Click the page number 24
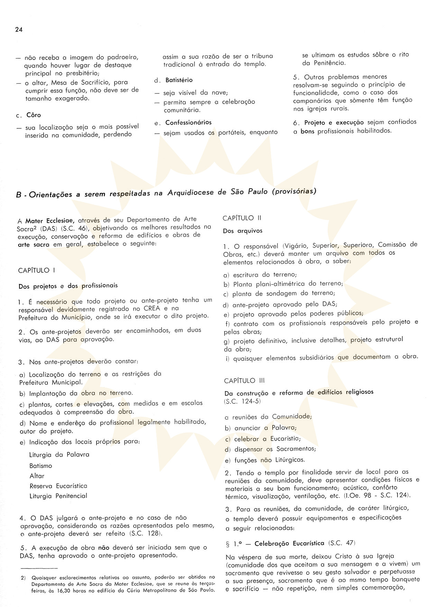tap(19, 30)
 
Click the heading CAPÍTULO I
tap(37, 270)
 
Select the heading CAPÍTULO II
tap(242, 218)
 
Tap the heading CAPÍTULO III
tap(244, 381)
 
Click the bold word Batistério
tap(179, 80)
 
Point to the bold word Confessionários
tap(188, 123)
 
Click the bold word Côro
tap(34, 115)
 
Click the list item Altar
tap(37, 476)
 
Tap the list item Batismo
tap(41, 466)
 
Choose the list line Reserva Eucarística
tap(58, 486)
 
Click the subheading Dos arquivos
tap(243, 231)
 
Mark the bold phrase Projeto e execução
tap(334, 122)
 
